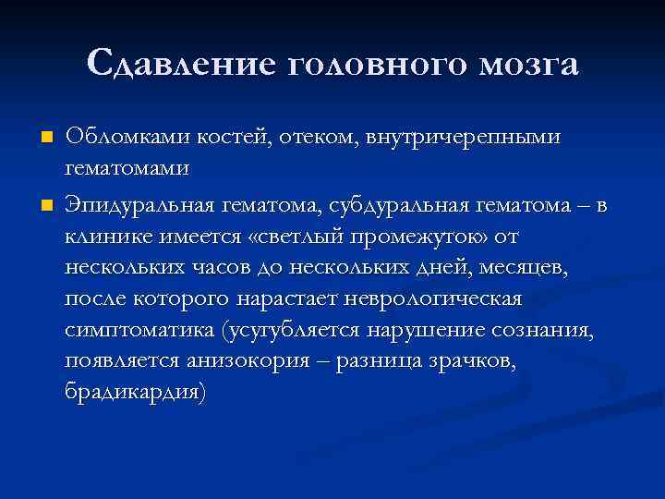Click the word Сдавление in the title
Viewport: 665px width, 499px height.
[x=183, y=65]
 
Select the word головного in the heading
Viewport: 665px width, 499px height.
[x=380, y=65]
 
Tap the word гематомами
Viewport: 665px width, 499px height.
[x=127, y=171]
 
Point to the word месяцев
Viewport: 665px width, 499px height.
[x=534, y=269]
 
